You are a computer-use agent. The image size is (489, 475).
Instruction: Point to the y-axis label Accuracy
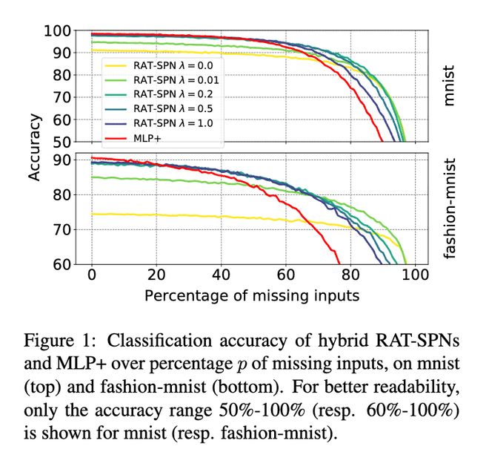coord(34,148)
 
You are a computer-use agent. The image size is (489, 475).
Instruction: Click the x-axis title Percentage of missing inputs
coord(252,295)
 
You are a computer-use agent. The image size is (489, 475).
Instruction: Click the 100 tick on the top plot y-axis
coord(59,31)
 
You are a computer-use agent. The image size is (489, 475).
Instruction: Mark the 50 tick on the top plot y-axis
coord(63,142)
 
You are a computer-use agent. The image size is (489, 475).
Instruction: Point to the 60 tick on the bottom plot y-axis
coord(63,265)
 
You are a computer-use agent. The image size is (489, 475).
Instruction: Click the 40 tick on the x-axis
coord(221,275)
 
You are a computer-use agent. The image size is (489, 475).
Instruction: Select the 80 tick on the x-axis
coord(350,275)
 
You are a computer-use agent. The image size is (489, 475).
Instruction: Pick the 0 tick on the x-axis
coord(92,275)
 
